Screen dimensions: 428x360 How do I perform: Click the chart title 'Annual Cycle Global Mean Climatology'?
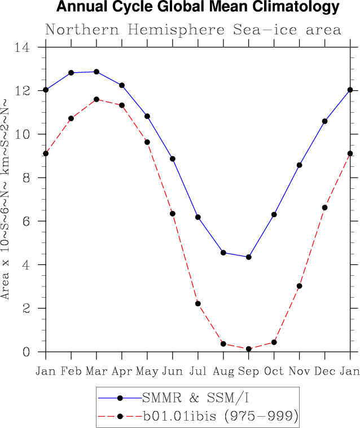coord(198,8)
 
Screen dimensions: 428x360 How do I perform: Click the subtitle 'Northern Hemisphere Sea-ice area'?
coord(193,29)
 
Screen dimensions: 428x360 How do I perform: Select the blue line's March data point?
coord(96,72)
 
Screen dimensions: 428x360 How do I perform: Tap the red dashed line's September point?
coord(249,349)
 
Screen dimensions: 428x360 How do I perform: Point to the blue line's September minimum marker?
coord(249,257)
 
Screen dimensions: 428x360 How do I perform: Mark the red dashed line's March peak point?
coord(96,99)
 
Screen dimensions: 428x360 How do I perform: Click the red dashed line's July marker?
coord(198,303)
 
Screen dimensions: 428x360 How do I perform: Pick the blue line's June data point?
coord(173,159)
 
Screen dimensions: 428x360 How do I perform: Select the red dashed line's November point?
coord(300,286)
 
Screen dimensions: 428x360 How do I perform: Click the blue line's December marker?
coord(325,121)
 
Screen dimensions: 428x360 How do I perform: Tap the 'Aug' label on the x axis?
coord(223,370)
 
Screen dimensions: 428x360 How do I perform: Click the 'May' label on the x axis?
coord(147,370)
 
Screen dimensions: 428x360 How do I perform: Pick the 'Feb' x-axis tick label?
coord(71,370)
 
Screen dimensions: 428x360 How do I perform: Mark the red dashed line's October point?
coord(274,342)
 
